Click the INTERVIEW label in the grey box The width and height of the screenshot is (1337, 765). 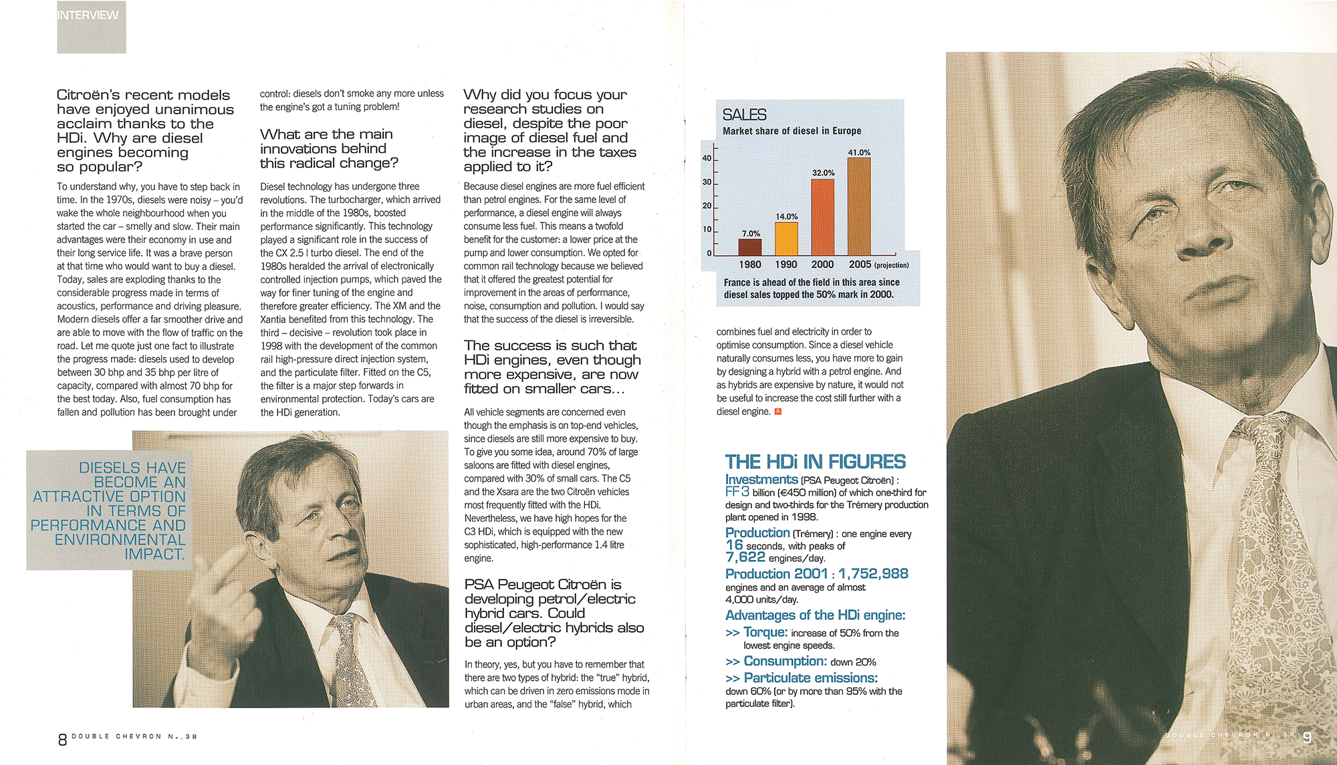point(88,15)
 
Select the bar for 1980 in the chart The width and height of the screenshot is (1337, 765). point(750,247)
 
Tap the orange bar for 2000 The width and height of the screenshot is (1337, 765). point(823,217)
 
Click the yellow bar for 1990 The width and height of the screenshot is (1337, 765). point(786,239)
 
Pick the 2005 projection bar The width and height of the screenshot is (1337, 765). point(859,206)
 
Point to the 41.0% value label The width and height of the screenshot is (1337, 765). point(859,152)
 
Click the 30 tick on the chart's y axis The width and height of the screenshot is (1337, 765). point(707,182)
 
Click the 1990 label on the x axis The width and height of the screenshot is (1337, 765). point(786,265)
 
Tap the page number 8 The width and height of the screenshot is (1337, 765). point(62,740)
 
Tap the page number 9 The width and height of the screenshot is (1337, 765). point(1307,738)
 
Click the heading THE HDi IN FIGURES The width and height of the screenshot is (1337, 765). point(815,462)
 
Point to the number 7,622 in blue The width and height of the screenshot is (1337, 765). point(745,557)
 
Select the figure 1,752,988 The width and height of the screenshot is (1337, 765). point(873,574)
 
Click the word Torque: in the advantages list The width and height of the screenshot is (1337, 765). point(765,632)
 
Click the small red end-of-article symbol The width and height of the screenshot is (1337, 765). point(777,412)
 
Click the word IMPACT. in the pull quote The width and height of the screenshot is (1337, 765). point(154,555)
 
